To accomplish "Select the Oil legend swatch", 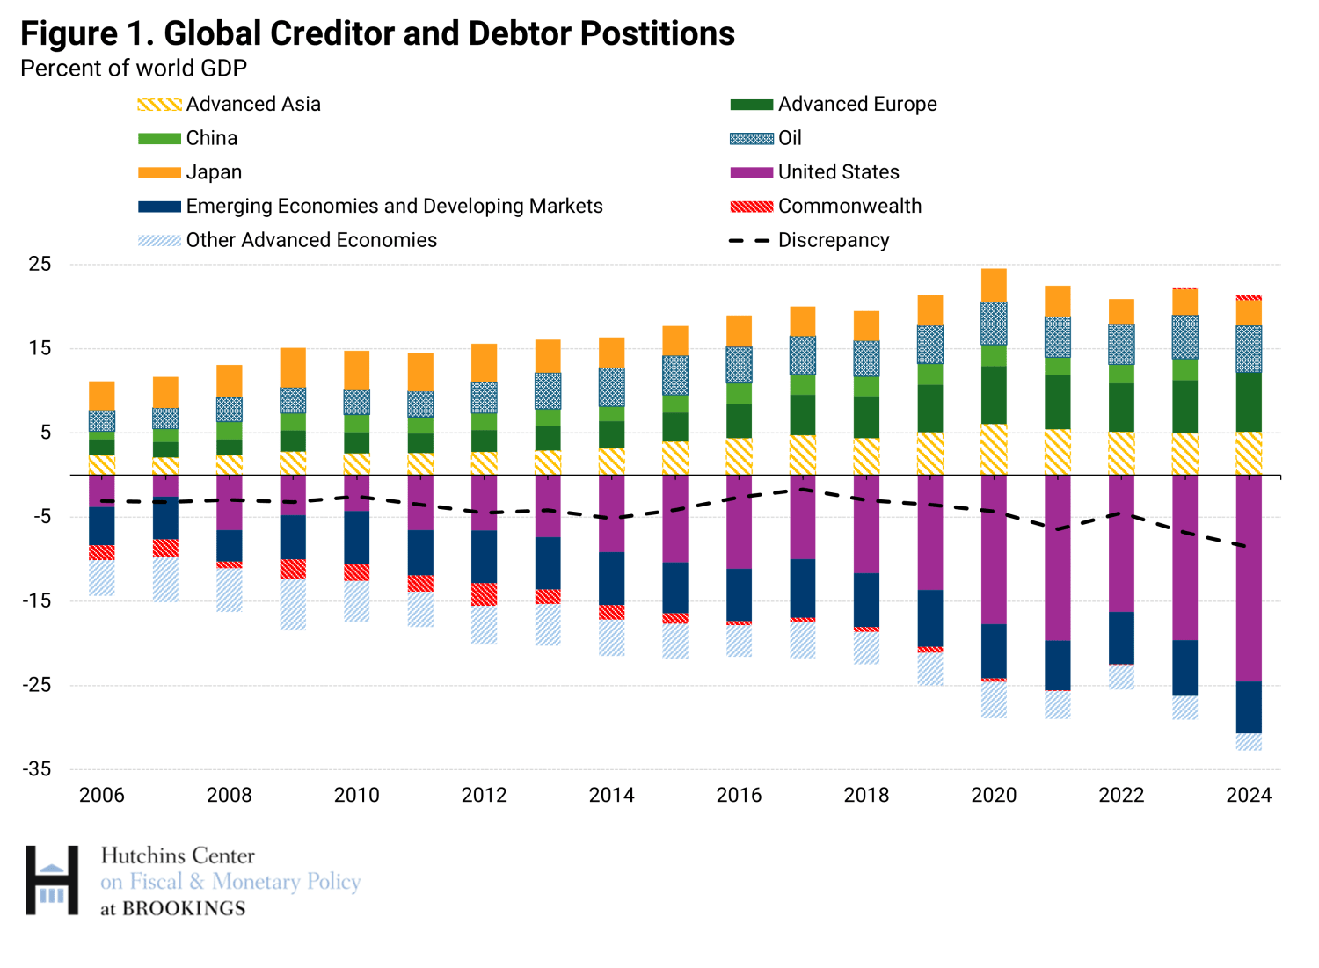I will click(751, 138).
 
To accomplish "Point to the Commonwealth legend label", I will click(849, 206).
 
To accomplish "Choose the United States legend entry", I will click(838, 172).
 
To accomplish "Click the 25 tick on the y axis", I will click(40, 264).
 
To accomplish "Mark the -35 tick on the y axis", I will click(37, 769).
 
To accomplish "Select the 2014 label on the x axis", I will click(611, 796).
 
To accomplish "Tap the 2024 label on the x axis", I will click(1249, 796).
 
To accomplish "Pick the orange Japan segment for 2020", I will click(994, 286).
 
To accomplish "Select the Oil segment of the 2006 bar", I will click(102, 421).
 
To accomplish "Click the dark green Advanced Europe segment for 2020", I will click(994, 395).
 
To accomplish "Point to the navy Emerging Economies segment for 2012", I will click(485, 557).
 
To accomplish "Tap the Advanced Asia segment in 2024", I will click(1249, 453).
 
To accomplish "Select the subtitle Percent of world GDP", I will click(134, 69).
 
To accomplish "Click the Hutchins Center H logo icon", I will click(52, 880).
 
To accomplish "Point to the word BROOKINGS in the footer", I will click(184, 908).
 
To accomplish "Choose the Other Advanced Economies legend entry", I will click(310, 240).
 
